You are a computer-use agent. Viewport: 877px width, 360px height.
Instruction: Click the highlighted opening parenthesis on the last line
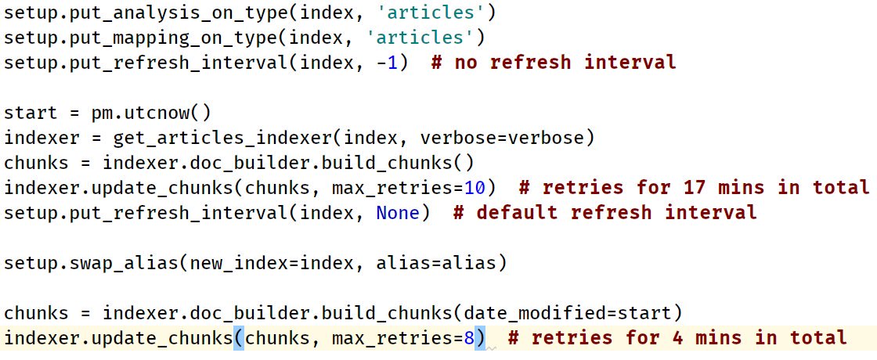[x=239, y=338]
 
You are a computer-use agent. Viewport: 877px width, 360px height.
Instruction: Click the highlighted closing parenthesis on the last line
[x=482, y=338]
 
